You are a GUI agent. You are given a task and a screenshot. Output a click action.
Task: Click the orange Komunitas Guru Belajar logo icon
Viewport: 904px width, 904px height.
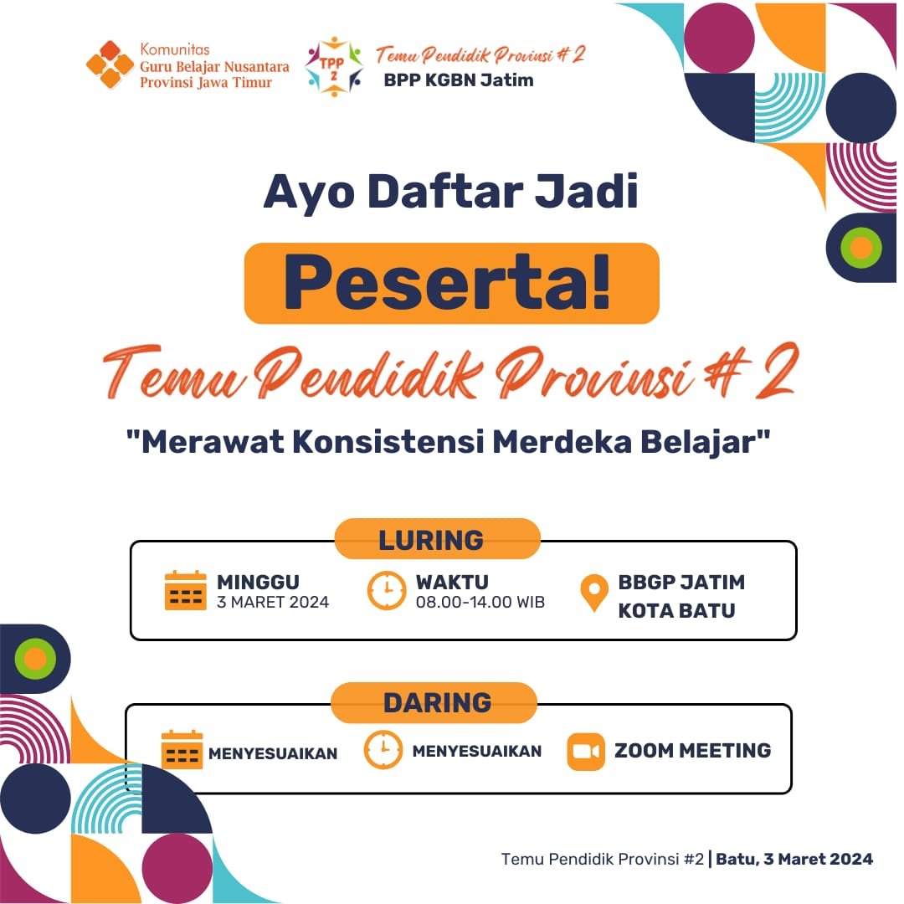tap(110, 64)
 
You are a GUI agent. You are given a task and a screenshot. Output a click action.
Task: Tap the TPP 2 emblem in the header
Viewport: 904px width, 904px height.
tap(334, 66)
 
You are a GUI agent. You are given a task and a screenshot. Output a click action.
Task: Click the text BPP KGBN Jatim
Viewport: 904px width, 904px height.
tap(459, 80)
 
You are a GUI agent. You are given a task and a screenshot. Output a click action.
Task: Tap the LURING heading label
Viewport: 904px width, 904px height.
tap(431, 540)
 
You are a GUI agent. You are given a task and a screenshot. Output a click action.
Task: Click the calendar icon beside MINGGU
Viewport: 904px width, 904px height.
tap(185, 590)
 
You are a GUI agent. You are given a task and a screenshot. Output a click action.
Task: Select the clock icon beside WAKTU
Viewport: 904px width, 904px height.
tap(387, 590)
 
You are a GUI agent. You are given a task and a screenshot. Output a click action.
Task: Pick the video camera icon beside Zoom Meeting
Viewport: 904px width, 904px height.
tap(585, 752)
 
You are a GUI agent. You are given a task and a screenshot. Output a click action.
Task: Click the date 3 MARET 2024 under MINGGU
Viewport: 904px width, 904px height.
tap(273, 603)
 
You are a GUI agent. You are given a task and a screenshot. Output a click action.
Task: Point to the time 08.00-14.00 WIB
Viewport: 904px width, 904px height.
tap(480, 603)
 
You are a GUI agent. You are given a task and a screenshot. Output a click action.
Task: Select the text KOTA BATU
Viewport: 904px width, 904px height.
tap(676, 610)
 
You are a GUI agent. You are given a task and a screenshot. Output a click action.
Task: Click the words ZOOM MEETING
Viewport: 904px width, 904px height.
tap(693, 751)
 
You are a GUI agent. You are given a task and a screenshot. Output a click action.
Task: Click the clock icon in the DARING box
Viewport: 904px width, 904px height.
tap(383, 749)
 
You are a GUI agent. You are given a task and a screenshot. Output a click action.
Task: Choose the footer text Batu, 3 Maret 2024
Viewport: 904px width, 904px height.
tap(794, 859)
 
